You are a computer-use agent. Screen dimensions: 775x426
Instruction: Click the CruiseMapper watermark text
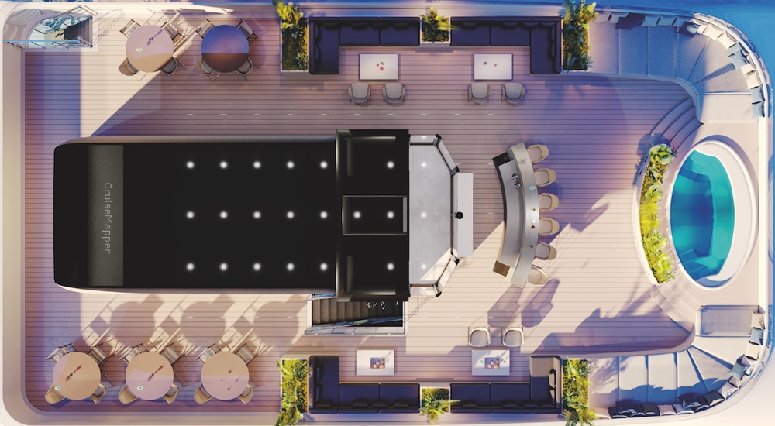(108, 218)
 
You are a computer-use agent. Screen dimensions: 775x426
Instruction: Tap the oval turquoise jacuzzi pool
(702, 215)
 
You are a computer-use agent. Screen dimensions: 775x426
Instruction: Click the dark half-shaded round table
(225, 49)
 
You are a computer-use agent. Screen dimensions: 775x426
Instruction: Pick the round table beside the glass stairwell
(150, 49)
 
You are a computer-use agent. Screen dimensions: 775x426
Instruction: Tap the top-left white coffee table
(379, 67)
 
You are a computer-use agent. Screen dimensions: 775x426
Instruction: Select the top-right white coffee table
(493, 67)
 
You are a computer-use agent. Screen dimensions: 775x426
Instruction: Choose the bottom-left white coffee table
(375, 362)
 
